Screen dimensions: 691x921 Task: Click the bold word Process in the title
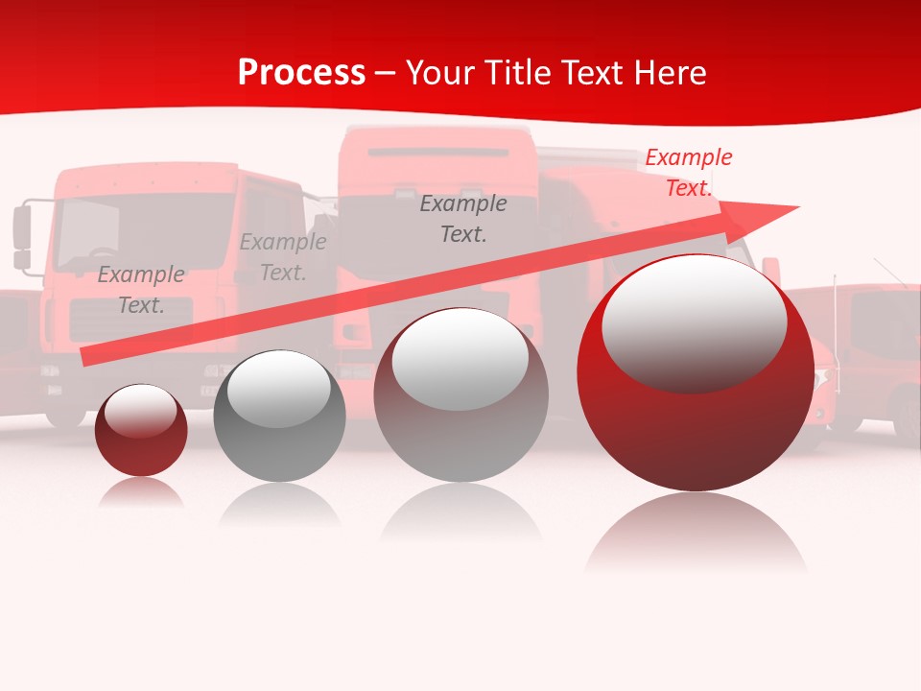click(x=301, y=73)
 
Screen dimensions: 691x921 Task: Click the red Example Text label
click(x=688, y=173)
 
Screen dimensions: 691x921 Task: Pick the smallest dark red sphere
click(x=141, y=430)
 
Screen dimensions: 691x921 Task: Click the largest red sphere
click(x=696, y=372)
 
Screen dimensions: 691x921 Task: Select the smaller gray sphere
click(x=279, y=416)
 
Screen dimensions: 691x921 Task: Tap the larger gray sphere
click(x=460, y=395)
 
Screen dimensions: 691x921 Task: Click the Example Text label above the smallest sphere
click(x=141, y=290)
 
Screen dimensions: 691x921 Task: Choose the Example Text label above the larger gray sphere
click(x=463, y=218)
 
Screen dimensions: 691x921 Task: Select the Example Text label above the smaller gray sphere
click(x=283, y=257)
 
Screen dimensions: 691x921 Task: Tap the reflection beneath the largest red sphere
click(x=696, y=533)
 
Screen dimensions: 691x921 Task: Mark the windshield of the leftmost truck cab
click(x=144, y=230)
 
